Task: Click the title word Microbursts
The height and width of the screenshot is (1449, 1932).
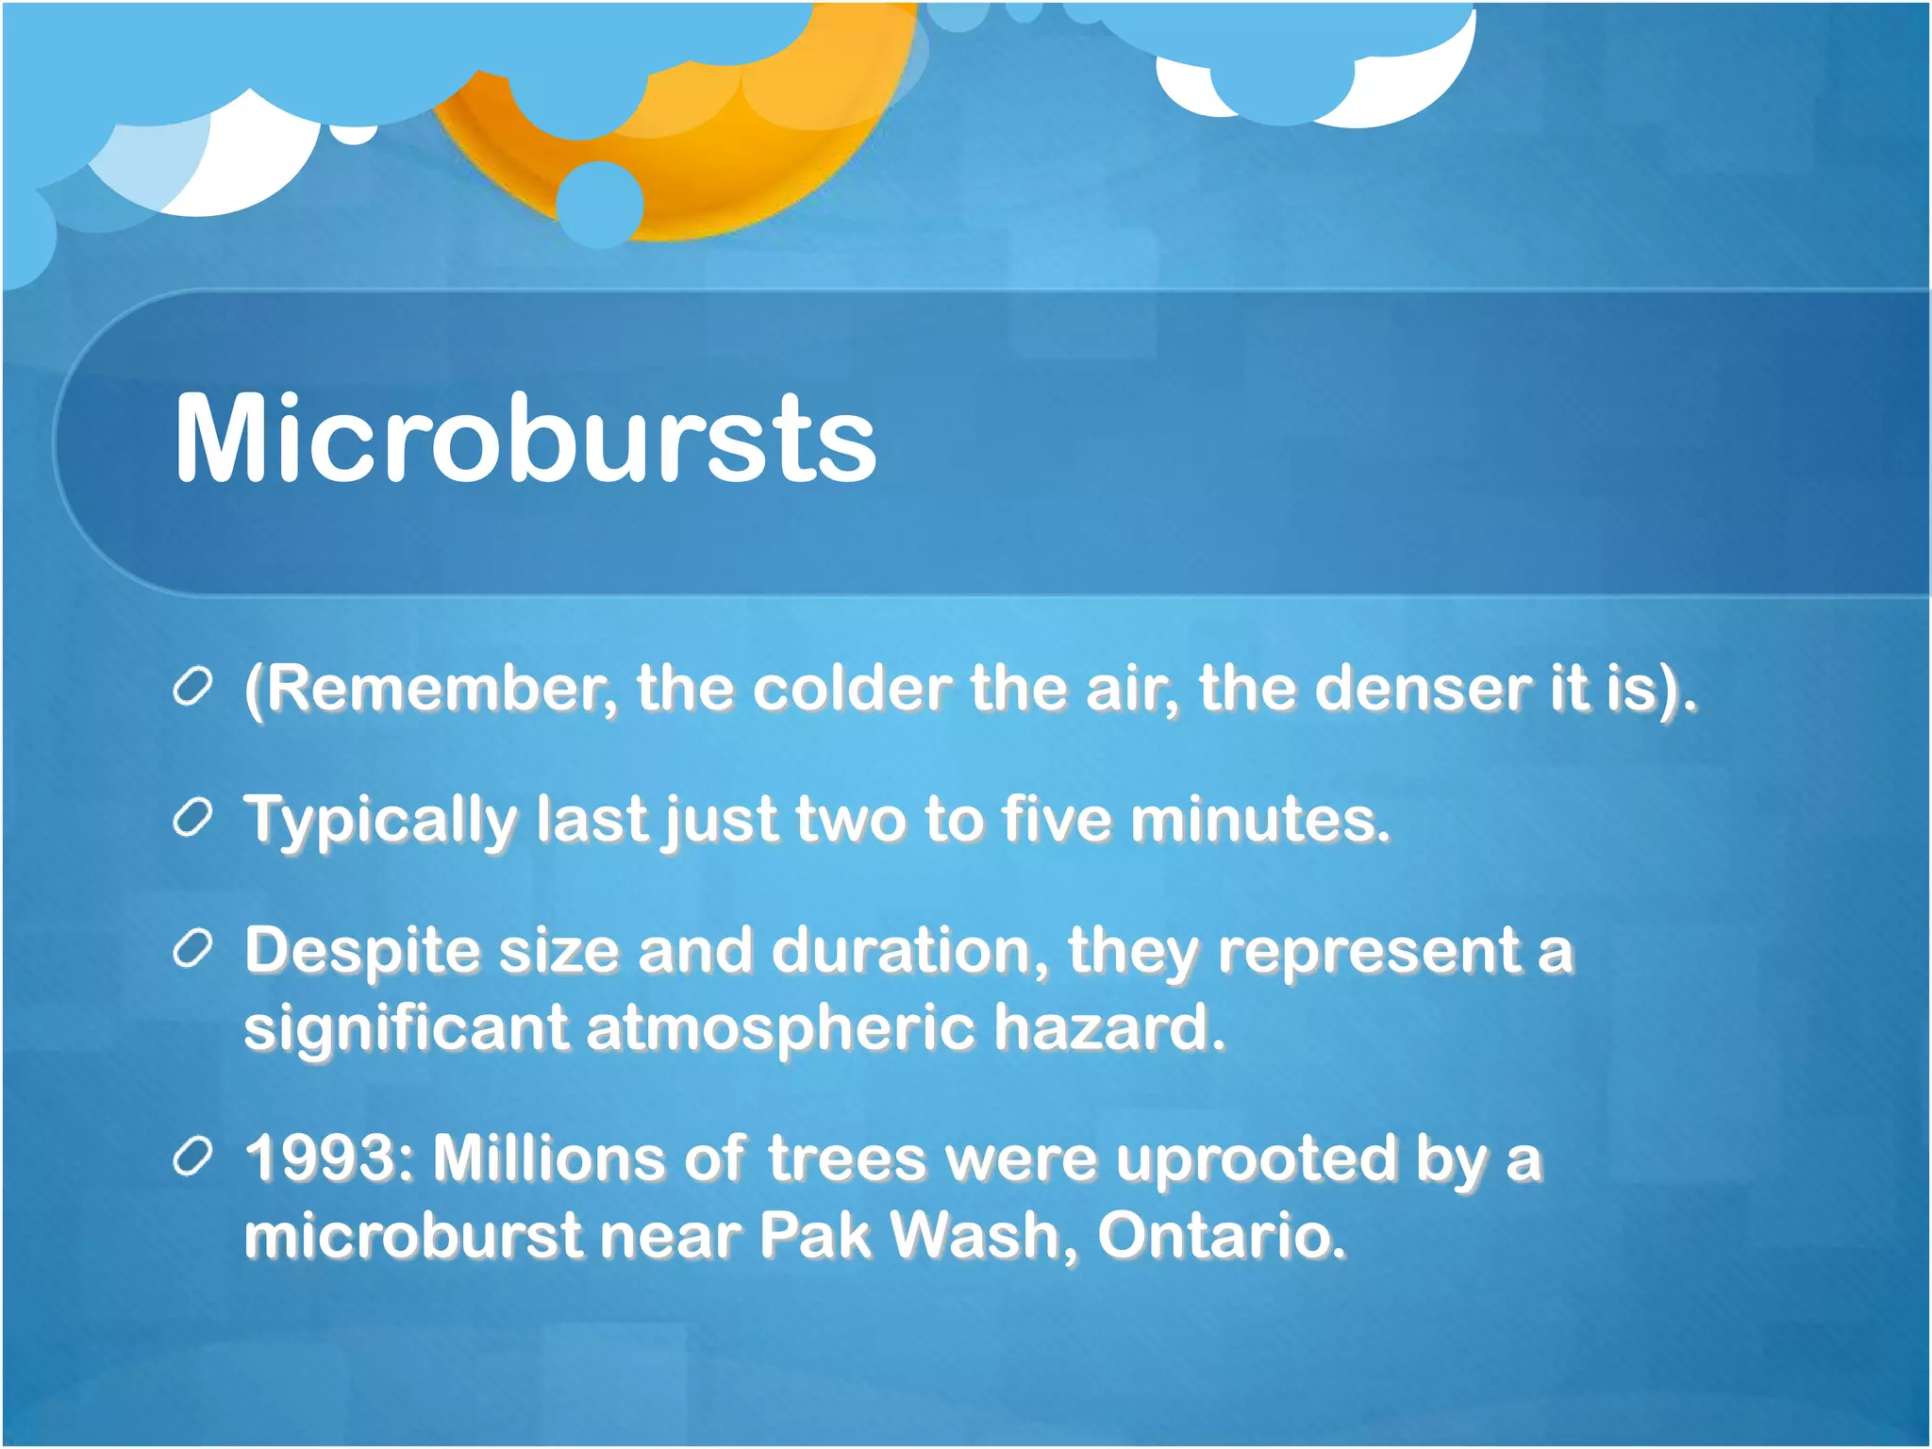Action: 525,439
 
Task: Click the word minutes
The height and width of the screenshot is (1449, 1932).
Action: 1259,819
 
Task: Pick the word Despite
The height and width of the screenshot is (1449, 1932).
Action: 362,950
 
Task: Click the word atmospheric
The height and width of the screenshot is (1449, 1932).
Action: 780,1027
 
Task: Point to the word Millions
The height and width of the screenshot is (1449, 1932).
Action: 548,1158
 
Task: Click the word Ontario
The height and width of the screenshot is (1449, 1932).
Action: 1222,1235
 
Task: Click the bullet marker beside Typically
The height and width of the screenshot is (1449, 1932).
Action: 192,818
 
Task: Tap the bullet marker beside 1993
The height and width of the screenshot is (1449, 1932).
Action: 192,1158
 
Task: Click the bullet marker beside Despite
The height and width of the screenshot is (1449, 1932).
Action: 192,950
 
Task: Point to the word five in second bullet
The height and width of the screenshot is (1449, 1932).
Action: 1057,819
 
